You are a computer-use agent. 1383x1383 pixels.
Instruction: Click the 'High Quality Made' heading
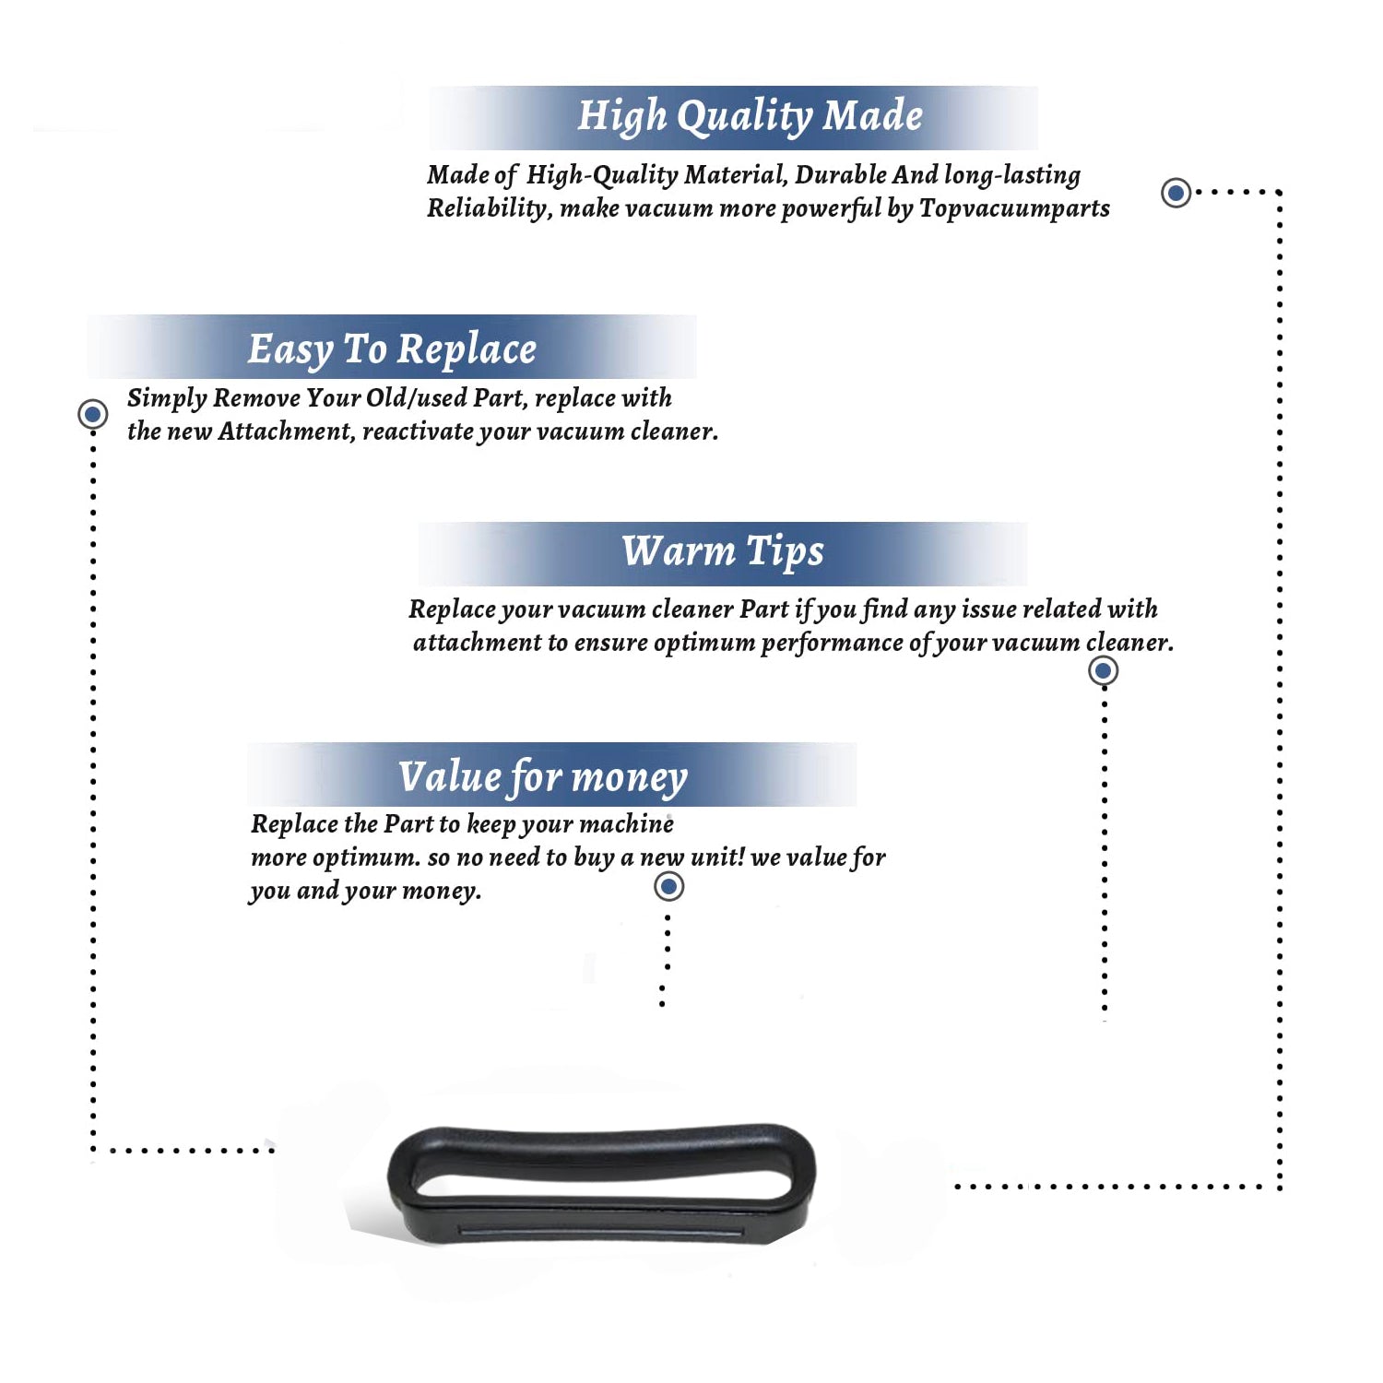coord(750,117)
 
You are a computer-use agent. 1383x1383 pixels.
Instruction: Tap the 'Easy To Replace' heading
coord(392,350)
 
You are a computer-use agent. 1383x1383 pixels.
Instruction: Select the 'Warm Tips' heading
coord(723,552)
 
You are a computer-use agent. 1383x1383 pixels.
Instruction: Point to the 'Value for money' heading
coord(543,777)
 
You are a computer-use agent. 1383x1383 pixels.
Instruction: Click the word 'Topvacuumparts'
coord(1014,209)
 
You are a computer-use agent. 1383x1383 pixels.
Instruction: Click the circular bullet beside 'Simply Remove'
coord(92,414)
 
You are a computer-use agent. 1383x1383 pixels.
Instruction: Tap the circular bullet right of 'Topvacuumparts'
coord(1176,193)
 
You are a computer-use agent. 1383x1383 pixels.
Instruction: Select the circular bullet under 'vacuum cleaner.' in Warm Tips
coord(1103,670)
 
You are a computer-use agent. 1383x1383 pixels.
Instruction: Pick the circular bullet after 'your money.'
coord(668,887)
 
